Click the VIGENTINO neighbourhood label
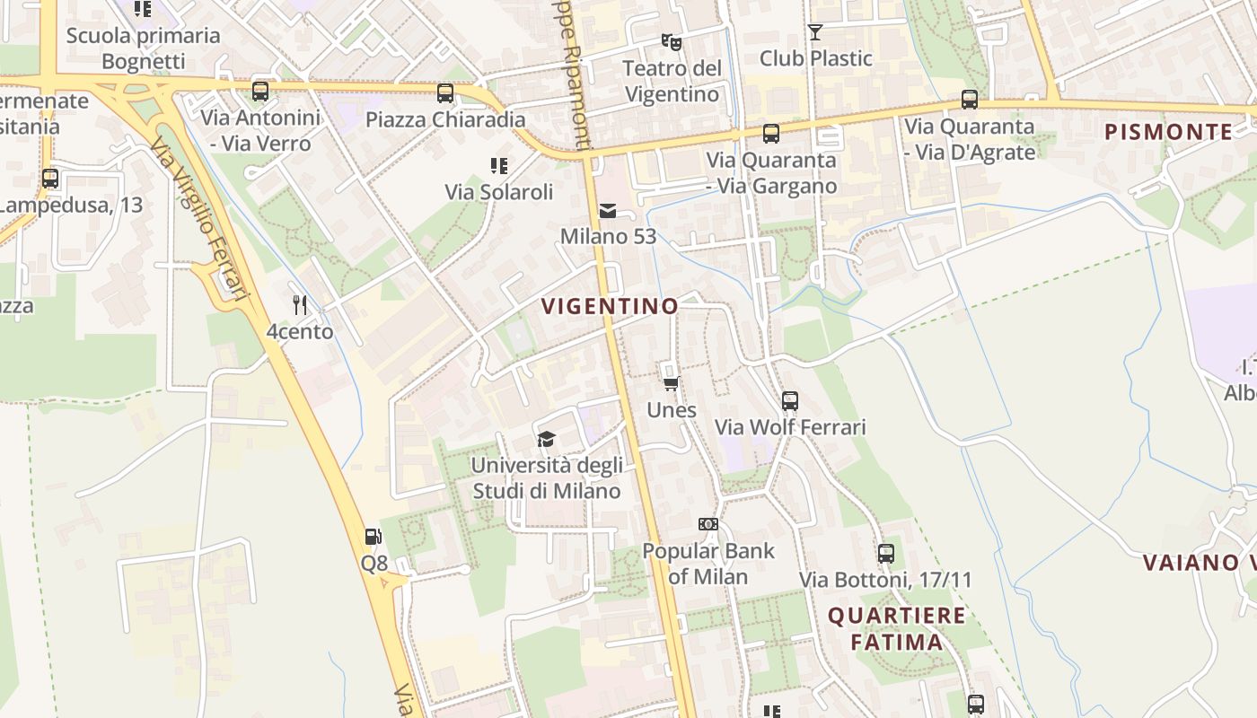point(610,306)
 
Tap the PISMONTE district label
point(1168,132)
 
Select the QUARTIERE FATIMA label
point(896,628)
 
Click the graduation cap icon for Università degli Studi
point(546,439)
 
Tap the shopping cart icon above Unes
point(671,384)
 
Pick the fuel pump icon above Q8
point(374,537)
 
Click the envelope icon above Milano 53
point(608,211)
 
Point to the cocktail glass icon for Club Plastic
point(815,32)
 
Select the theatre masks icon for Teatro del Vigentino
point(671,41)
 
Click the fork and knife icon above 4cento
point(300,305)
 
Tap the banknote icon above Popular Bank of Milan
point(708,524)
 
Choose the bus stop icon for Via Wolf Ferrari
point(790,400)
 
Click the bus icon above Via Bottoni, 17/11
point(886,553)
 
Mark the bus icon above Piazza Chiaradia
point(445,92)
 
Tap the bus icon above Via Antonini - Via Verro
point(260,91)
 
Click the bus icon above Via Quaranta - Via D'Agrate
point(970,100)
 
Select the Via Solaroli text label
point(499,192)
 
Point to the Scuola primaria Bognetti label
point(144,48)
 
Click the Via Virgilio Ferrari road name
point(198,220)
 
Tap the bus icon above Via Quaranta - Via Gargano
point(771,134)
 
